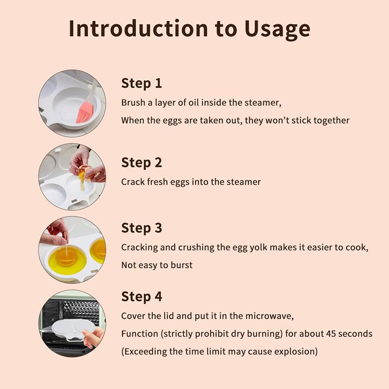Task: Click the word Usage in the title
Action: tap(277, 29)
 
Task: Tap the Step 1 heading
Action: tap(141, 83)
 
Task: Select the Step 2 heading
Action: tap(141, 163)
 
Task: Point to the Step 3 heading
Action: tap(141, 228)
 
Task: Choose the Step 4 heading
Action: tap(141, 297)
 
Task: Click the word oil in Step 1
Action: tap(194, 103)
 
